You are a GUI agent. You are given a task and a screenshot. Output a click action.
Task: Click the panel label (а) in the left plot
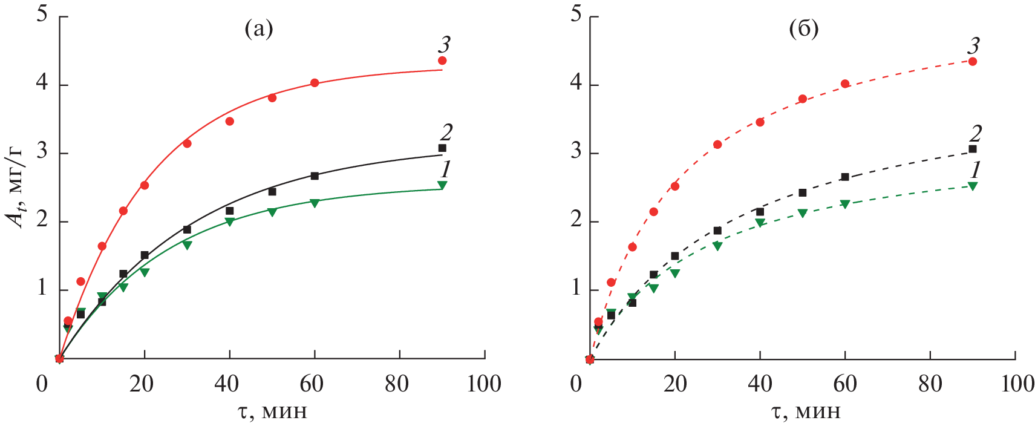259,29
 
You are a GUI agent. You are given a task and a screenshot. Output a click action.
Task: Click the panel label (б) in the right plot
804,29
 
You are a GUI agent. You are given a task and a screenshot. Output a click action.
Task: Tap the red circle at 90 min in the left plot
442,61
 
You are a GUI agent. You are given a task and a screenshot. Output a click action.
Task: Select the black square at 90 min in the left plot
442,148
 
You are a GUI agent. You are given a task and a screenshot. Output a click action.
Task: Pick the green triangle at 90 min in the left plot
442,185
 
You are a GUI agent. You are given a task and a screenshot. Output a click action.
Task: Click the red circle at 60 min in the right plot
845,84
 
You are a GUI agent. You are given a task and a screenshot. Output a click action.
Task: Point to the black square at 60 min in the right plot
845,177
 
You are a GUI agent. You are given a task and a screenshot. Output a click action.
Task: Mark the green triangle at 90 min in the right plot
973,186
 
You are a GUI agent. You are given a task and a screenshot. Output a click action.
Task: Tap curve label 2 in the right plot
975,133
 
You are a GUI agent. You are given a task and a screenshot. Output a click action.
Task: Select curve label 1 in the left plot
445,169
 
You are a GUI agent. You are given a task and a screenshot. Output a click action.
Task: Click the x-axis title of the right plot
806,412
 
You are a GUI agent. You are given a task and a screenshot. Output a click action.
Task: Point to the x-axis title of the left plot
272,412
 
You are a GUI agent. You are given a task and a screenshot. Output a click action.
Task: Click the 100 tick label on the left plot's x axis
484,384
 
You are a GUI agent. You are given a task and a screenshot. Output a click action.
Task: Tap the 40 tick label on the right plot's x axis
760,384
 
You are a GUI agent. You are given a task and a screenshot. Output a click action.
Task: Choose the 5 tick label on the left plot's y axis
42,14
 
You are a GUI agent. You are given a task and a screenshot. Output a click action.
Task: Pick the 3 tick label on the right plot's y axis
576,151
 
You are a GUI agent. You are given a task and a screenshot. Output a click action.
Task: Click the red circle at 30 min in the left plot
187,143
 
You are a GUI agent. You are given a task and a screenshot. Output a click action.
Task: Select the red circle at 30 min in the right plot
717,145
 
